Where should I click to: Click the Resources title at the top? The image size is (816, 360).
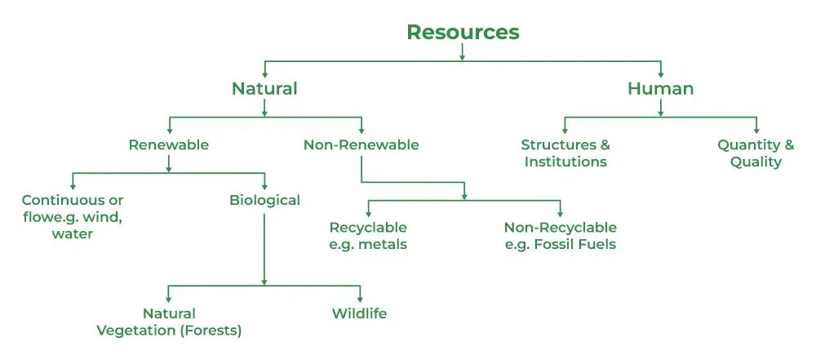coord(463,32)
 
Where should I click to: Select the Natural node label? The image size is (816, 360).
coord(264,88)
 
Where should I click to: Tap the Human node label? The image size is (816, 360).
coord(660,88)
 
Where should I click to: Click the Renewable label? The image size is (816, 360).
coord(169,145)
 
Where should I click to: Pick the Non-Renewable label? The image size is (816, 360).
coord(361,145)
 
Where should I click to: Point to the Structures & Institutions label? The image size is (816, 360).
coord(565,153)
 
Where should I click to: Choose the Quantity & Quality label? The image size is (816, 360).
coord(756,153)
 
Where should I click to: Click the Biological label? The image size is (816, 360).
coord(264,200)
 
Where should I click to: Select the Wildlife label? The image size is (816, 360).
coord(359,313)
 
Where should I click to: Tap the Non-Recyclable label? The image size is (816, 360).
coord(560,227)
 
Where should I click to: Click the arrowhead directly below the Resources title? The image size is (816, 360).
coord(463,56)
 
